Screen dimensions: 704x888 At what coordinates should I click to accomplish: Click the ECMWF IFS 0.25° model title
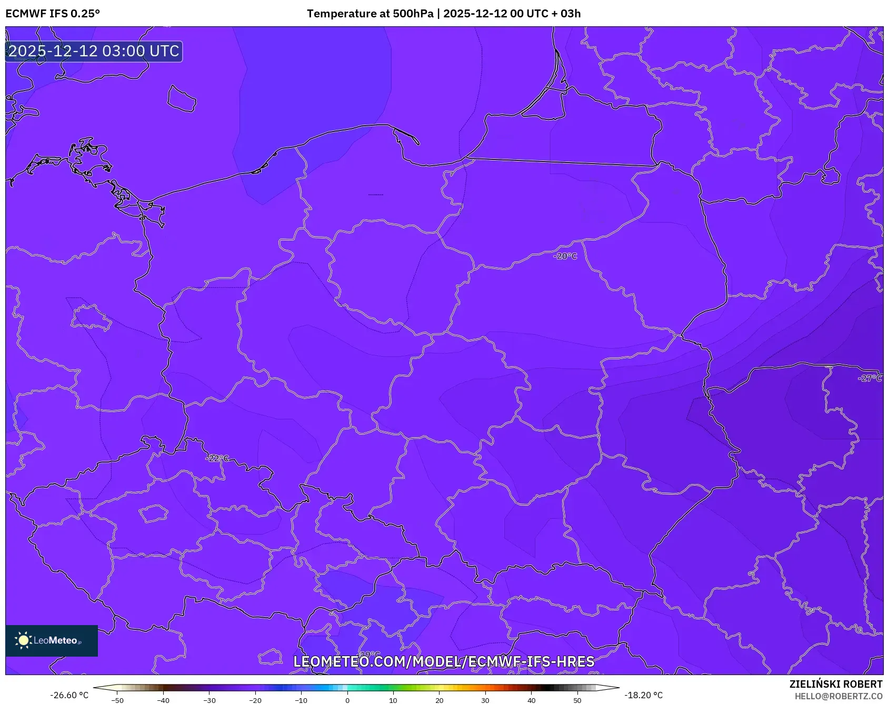53,14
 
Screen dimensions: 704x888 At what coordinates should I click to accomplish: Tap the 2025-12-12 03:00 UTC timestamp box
94,52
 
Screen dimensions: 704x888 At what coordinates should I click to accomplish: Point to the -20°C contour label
565,256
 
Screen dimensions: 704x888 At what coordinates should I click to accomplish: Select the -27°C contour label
870,378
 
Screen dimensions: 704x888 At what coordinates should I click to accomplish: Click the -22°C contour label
217,458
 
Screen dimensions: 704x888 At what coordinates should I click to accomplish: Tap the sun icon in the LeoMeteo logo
23,640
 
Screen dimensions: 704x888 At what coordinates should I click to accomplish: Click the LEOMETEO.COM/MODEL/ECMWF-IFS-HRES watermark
444,661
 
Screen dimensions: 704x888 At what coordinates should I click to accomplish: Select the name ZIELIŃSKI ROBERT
835,684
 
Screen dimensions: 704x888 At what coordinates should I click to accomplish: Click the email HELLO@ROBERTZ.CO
838,696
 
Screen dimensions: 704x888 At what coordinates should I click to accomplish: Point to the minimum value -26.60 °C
69,695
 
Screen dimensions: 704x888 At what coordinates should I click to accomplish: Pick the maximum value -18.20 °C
643,695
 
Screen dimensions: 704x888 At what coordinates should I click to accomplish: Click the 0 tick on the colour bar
347,700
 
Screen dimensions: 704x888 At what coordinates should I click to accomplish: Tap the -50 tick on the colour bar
117,700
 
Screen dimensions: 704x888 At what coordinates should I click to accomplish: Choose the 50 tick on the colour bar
577,700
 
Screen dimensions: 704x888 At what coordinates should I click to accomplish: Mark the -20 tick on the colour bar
255,700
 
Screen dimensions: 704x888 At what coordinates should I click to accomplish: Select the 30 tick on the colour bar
485,700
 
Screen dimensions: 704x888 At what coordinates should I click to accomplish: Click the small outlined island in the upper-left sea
182,99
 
